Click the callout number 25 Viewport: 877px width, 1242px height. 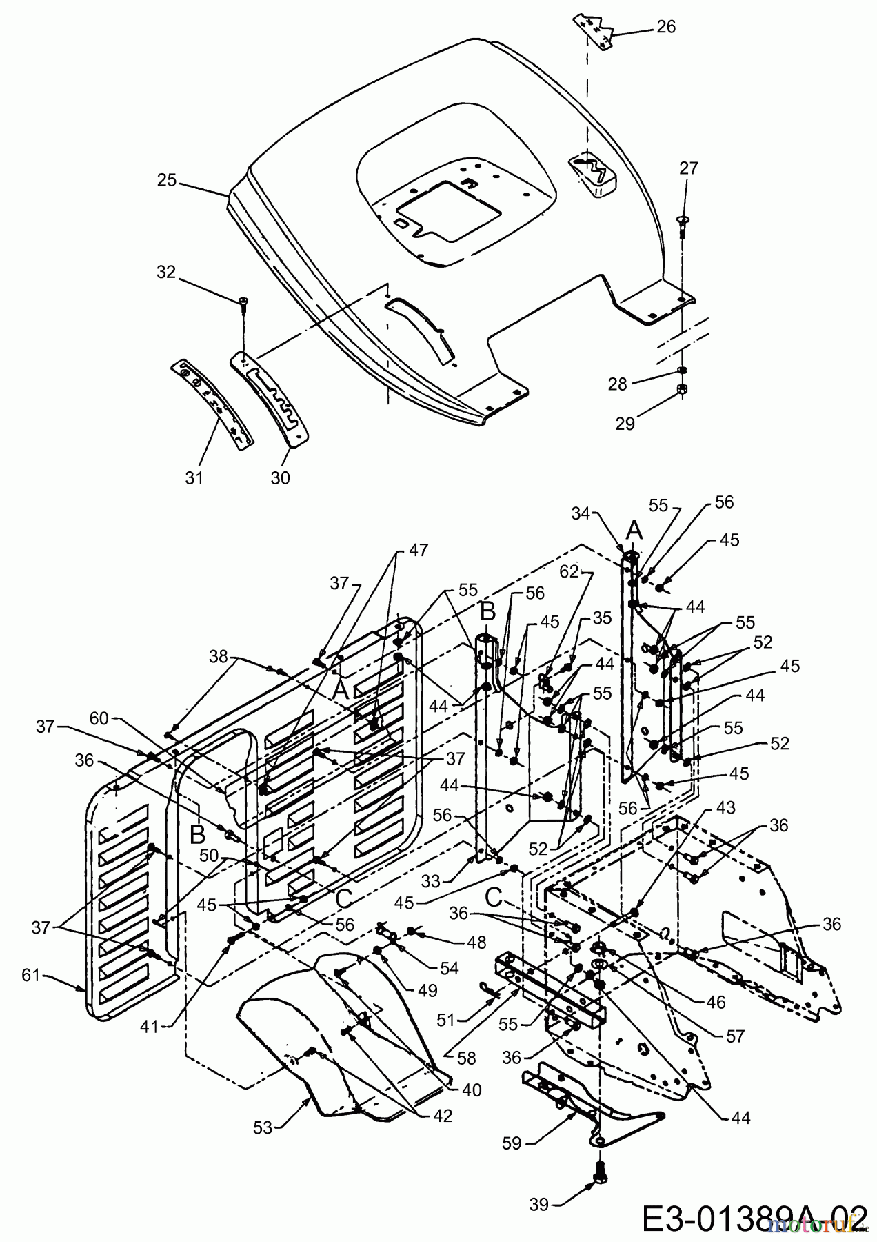tap(167, 181)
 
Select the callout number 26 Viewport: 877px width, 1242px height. tap(666, 27)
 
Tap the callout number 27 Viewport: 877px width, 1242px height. tap(688, 168)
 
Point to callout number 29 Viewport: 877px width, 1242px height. tap(625, 423)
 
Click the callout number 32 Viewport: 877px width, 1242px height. tap(166, 272)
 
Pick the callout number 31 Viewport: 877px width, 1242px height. tap(194, 477)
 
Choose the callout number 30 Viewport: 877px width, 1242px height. tap(280, 477)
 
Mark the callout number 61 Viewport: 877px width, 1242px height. tap(32, 974)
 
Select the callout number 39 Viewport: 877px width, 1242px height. tap(539, 1204)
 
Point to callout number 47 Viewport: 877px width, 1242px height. tap(418, 550)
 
